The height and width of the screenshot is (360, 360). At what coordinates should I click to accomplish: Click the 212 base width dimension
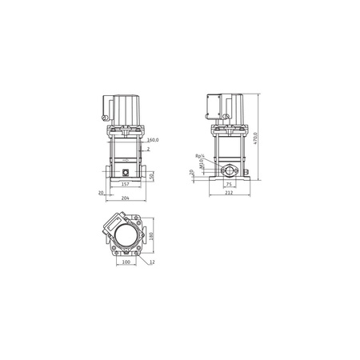(x=230, y=193)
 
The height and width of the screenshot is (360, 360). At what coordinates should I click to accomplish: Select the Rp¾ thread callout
(x=199, y=157)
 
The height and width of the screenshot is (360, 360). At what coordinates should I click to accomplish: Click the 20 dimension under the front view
(x=101, y=193)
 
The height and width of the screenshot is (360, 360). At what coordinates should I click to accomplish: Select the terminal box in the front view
(x=105, y=107)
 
